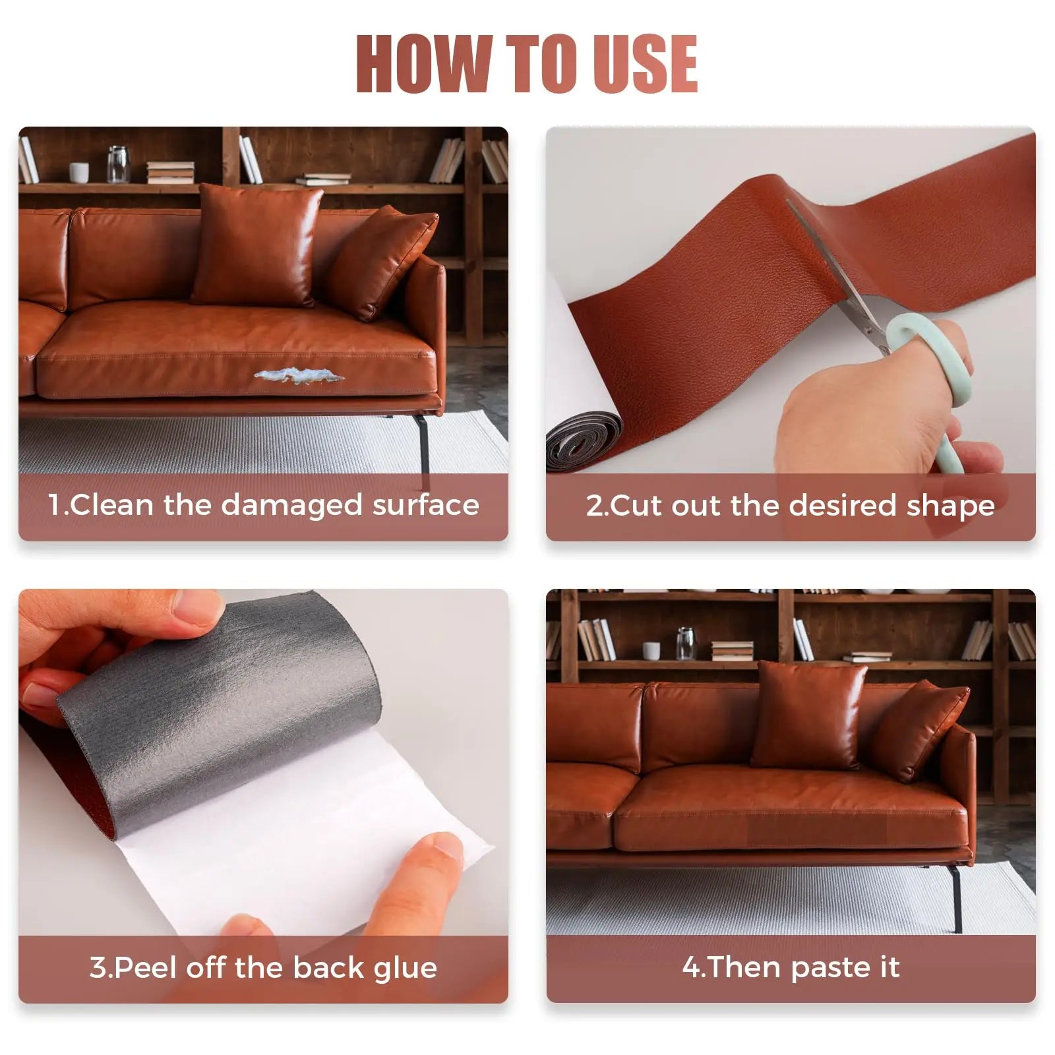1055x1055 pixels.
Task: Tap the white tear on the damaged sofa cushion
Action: pos(299,377)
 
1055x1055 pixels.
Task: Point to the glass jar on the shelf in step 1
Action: pos(118,164)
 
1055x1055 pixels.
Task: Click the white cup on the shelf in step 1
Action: pos(79,173)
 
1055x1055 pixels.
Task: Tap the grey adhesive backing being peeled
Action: pos(218,712)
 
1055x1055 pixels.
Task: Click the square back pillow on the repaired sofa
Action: pos(809,715)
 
